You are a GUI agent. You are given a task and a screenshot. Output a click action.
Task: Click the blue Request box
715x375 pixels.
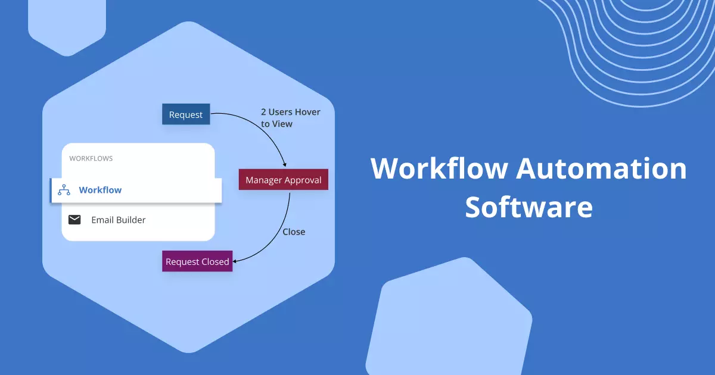(186, 114)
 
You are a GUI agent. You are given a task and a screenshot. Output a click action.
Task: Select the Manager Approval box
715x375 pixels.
(283, 180)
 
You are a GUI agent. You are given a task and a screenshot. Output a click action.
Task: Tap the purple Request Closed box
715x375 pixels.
(197, 261)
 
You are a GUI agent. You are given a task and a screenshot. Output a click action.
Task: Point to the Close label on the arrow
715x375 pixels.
(294, 232)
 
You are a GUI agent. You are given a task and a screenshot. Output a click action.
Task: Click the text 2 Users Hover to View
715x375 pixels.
(290, 118)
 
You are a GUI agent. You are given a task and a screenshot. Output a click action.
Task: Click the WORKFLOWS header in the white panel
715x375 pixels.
(91, 158)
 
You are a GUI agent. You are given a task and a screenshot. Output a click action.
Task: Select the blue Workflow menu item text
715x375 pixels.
(100, 190)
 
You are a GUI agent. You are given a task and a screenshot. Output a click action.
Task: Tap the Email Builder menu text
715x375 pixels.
(118, 220)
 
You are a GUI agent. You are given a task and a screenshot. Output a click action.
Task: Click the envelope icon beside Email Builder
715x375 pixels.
(74, 220)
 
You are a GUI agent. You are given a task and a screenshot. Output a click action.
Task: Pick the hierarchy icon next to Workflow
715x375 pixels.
(64, 190)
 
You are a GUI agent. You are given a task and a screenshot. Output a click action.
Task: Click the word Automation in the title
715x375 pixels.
(601, 168)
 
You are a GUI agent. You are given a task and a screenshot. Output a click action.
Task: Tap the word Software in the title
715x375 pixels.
(529, 207)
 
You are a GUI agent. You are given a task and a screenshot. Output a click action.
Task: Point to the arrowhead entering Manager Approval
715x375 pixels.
(285, 165)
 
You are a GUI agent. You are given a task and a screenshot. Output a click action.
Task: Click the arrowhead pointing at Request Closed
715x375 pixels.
(235, 260)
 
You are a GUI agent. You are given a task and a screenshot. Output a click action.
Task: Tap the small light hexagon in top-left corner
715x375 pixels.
(67, 24)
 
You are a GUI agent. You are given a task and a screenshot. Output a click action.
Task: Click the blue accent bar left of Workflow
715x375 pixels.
(52, 190)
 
